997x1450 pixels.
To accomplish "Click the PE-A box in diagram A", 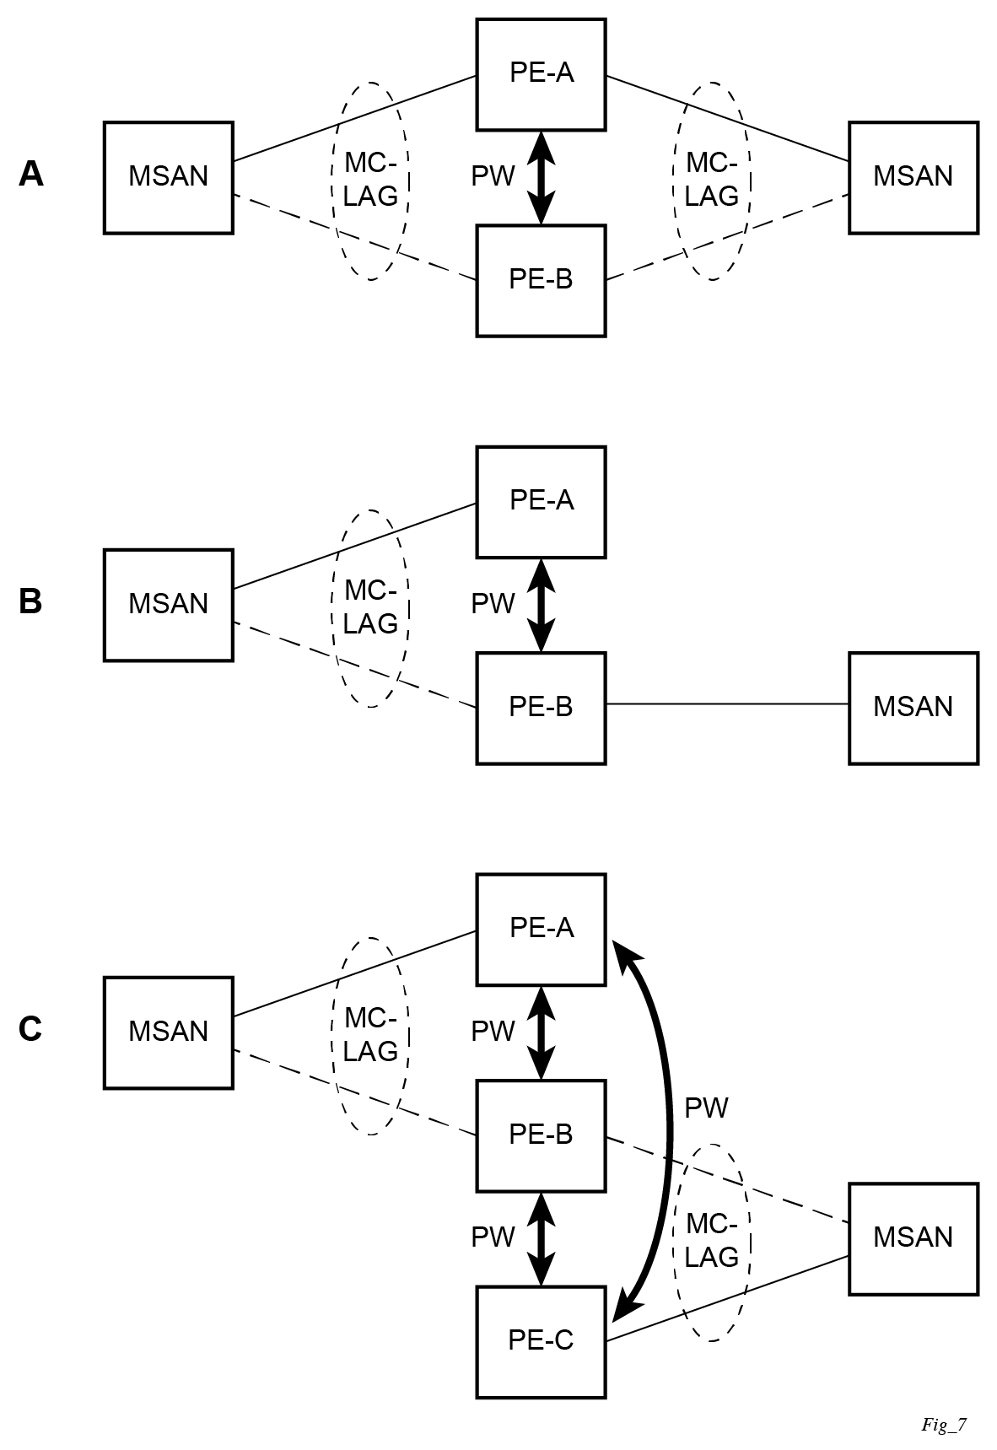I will point(541,74).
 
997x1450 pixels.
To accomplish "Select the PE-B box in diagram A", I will point(541,280).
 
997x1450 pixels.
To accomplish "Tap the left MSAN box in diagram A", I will point(168,177).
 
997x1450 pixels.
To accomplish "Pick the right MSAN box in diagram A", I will point(913,177).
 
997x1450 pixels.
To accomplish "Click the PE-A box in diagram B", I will point(541,502).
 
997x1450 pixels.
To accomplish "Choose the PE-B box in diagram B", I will point(541,708).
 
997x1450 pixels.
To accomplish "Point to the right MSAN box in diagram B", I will point(913,708).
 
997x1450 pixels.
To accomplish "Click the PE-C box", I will point(541,1341).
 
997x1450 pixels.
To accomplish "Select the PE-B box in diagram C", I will point(541,1135).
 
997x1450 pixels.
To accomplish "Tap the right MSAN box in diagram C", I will point(913,1238).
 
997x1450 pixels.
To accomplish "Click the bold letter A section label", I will point(31,175).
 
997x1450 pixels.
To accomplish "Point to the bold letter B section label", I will point(30,602).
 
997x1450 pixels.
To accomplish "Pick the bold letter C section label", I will point(30,1030).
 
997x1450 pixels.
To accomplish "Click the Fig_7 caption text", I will point(943,1426).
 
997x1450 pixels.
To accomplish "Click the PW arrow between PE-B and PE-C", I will point(541,1238).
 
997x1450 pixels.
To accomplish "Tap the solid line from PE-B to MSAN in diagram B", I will point(726,703).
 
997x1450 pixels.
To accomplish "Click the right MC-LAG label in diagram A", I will point(711,180).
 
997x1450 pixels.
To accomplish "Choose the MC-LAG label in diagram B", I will point(370,607).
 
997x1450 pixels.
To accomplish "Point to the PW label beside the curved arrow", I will point(706,1108).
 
